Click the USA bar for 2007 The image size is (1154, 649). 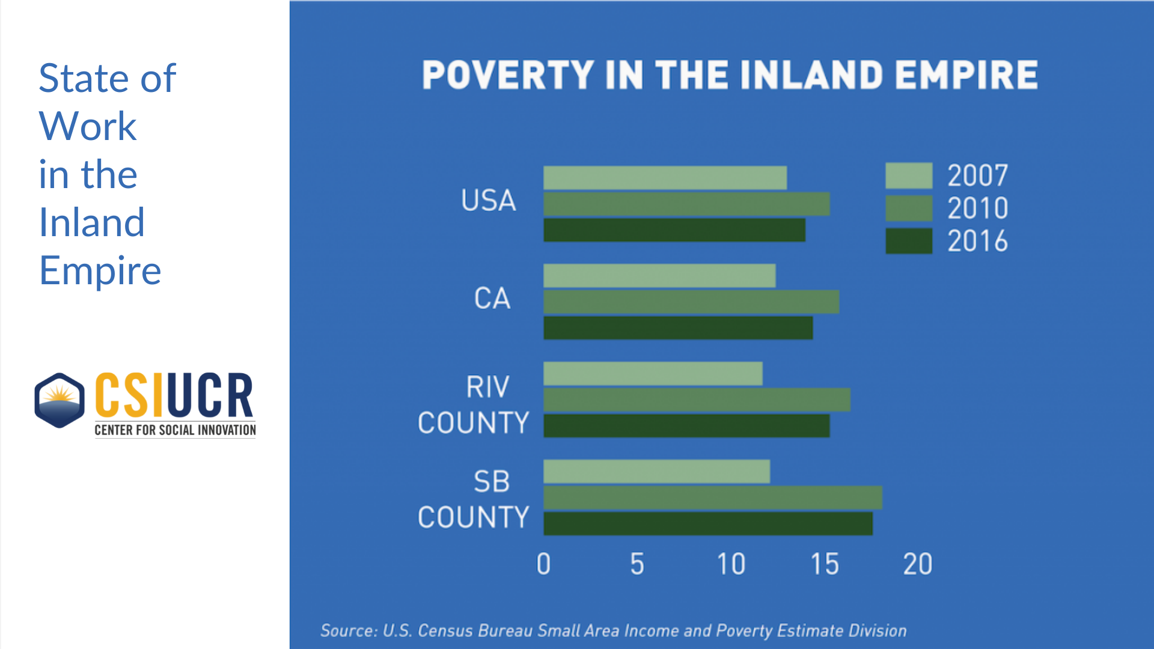[x=665, y=178]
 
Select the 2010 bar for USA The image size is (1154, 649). [x=686, y=204]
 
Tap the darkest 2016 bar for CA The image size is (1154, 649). [x=678, y=328]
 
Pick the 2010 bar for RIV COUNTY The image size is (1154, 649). [x=697, y=400]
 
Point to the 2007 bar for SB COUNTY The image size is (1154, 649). [x=656, y=472]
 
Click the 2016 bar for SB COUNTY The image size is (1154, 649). [x=708, y=523]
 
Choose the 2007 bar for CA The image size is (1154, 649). [x=659, y=276]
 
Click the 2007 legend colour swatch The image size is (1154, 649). [x=909, y=175]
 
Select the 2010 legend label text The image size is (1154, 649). [x=977, y=209]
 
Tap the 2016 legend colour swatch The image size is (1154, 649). [x=909, y=241]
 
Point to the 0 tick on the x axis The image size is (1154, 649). [x=543, y=564]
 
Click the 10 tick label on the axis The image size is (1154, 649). [x=731, y=564]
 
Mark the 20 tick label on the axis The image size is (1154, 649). [x=917, y=564]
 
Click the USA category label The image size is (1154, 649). [x=489, y=201]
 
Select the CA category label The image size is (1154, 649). [x=492, y=299]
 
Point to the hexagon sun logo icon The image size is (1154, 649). [x=60, y=400]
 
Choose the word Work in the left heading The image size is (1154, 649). [x=88, y=126]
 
